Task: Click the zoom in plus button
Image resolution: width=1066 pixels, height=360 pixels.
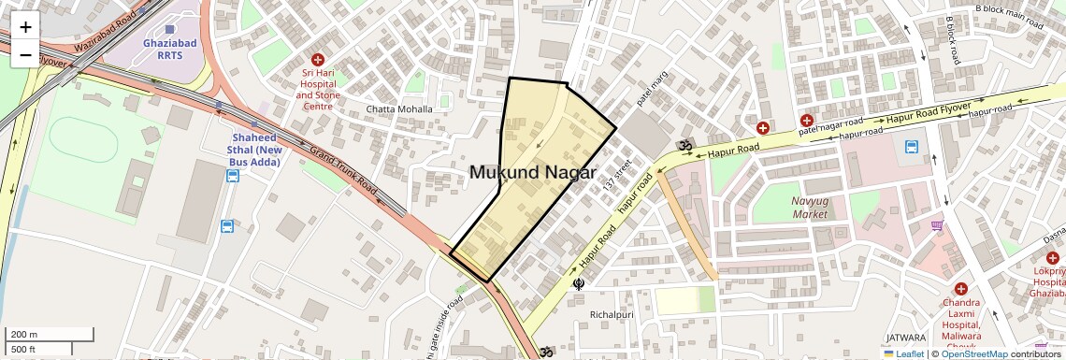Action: pyautogui.click(x=25, y=27)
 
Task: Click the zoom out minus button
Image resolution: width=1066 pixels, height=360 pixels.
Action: pyautogui.click(x=25, y=54)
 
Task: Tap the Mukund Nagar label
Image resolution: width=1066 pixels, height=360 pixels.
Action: pyautogui.click(x=532, y=172)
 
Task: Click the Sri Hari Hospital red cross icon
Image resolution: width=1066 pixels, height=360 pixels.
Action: pyautogui.click(x=318, y=58)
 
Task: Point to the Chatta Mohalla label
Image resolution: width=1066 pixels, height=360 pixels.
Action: pyautogui.click(x=399, y=109)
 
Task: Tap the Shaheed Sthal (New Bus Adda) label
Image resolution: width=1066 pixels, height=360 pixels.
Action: pyautogui.click(x=256, y=150)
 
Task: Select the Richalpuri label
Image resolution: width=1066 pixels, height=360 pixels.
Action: pyautogui.click(x=612, y=315)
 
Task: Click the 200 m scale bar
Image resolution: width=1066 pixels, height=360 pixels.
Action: pyautogui.click(x=50, y=335)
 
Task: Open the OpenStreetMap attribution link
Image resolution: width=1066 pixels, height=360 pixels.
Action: pyautogui.click(x=973, y=354)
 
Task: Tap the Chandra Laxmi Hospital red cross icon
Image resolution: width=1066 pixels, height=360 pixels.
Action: pyautogui.click(x=960, y=289)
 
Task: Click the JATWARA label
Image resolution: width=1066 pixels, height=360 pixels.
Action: pyautogui.click(x=904, y=338)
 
